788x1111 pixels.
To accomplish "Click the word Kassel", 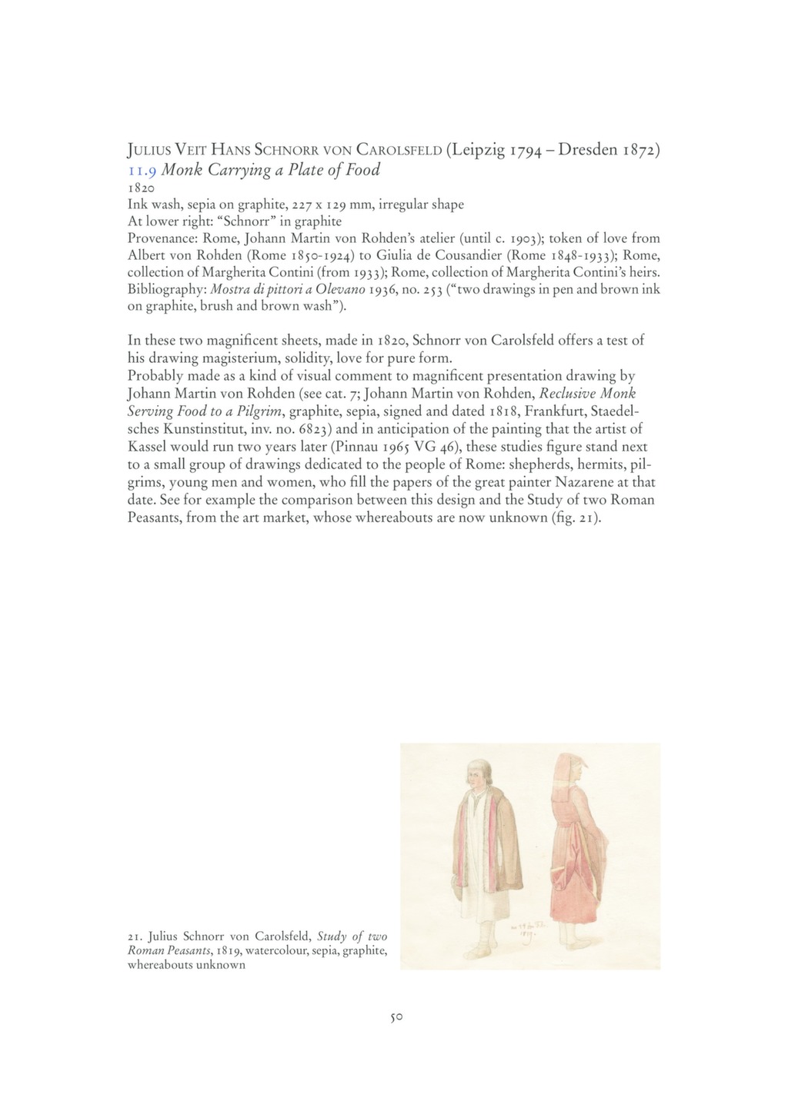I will [x=147, y=447].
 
